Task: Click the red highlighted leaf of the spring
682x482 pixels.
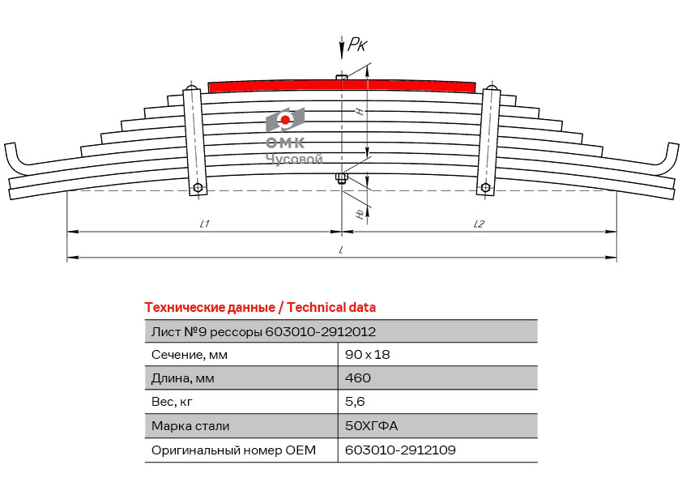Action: tap(342, 86)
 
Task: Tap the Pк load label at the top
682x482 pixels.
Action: tap(358, 44)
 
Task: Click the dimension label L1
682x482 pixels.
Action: tap(204, 224)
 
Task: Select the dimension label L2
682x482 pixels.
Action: tap(479, 224)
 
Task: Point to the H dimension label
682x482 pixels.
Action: tap(360, 111)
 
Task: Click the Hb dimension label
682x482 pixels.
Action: tap(360, 214)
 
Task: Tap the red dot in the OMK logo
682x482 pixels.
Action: tap(285, 120)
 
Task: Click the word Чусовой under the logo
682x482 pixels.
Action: tap(295, 159)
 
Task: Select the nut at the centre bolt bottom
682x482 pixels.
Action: tap(342, 177)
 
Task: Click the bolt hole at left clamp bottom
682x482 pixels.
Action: tap(198, 188)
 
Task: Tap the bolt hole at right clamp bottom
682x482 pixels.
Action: tap(485, 188)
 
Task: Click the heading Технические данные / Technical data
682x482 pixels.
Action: tap(260, 308)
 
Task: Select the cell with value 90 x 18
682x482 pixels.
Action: tap(368, 355)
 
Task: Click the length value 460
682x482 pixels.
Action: tap(358, 377)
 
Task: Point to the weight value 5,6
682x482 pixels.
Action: tap(355, 402)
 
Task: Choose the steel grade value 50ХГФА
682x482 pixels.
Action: tap(372, 425)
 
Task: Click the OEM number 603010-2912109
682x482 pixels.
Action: tap(400, 450)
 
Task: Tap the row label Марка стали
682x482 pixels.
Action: tap(190, 425)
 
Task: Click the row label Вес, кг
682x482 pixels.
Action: tap(172, 402)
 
